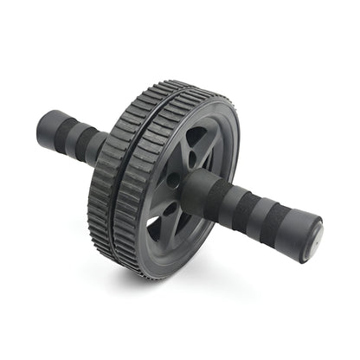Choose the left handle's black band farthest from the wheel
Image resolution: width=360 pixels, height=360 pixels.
coord(65,131)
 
